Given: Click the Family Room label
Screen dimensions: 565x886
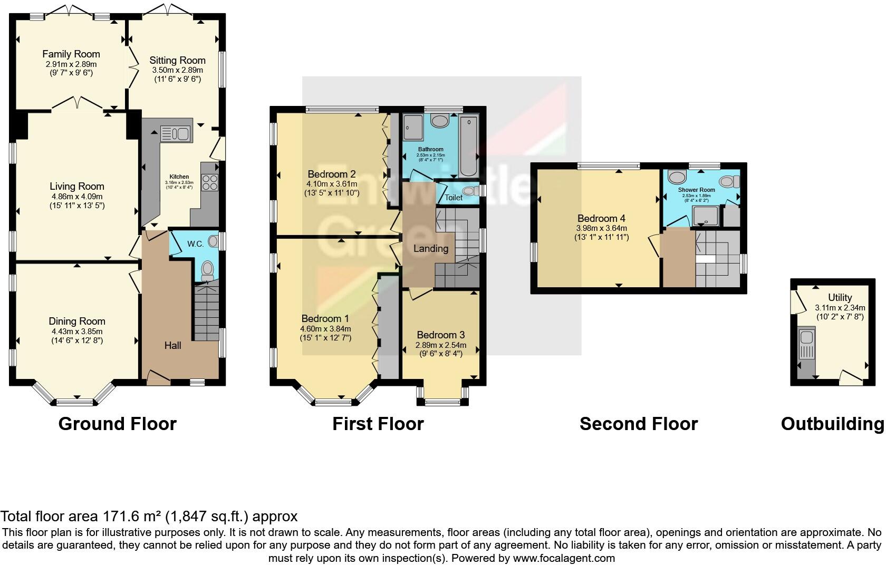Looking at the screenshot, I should pos(71,54).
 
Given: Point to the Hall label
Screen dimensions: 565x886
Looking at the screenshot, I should pos(173,345).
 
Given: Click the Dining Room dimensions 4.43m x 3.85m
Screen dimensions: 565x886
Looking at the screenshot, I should pos(77,332).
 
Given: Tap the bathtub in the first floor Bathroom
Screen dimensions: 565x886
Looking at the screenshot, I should pos(468,147).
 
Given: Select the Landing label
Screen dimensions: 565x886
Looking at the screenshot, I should pos(431,248).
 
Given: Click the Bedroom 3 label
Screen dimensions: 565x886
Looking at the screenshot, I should pos(441,335).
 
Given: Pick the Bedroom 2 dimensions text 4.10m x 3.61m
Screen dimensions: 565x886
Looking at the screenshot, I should pos(332,184).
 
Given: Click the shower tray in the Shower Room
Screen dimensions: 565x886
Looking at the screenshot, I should pos(705,216).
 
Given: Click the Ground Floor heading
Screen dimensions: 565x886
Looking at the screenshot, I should pos(117,424).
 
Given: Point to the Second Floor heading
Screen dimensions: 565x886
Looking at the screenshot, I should pos(638,424).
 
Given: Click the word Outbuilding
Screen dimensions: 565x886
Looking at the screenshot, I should pos(832,424).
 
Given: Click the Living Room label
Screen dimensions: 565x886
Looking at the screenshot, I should pos(77,186).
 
